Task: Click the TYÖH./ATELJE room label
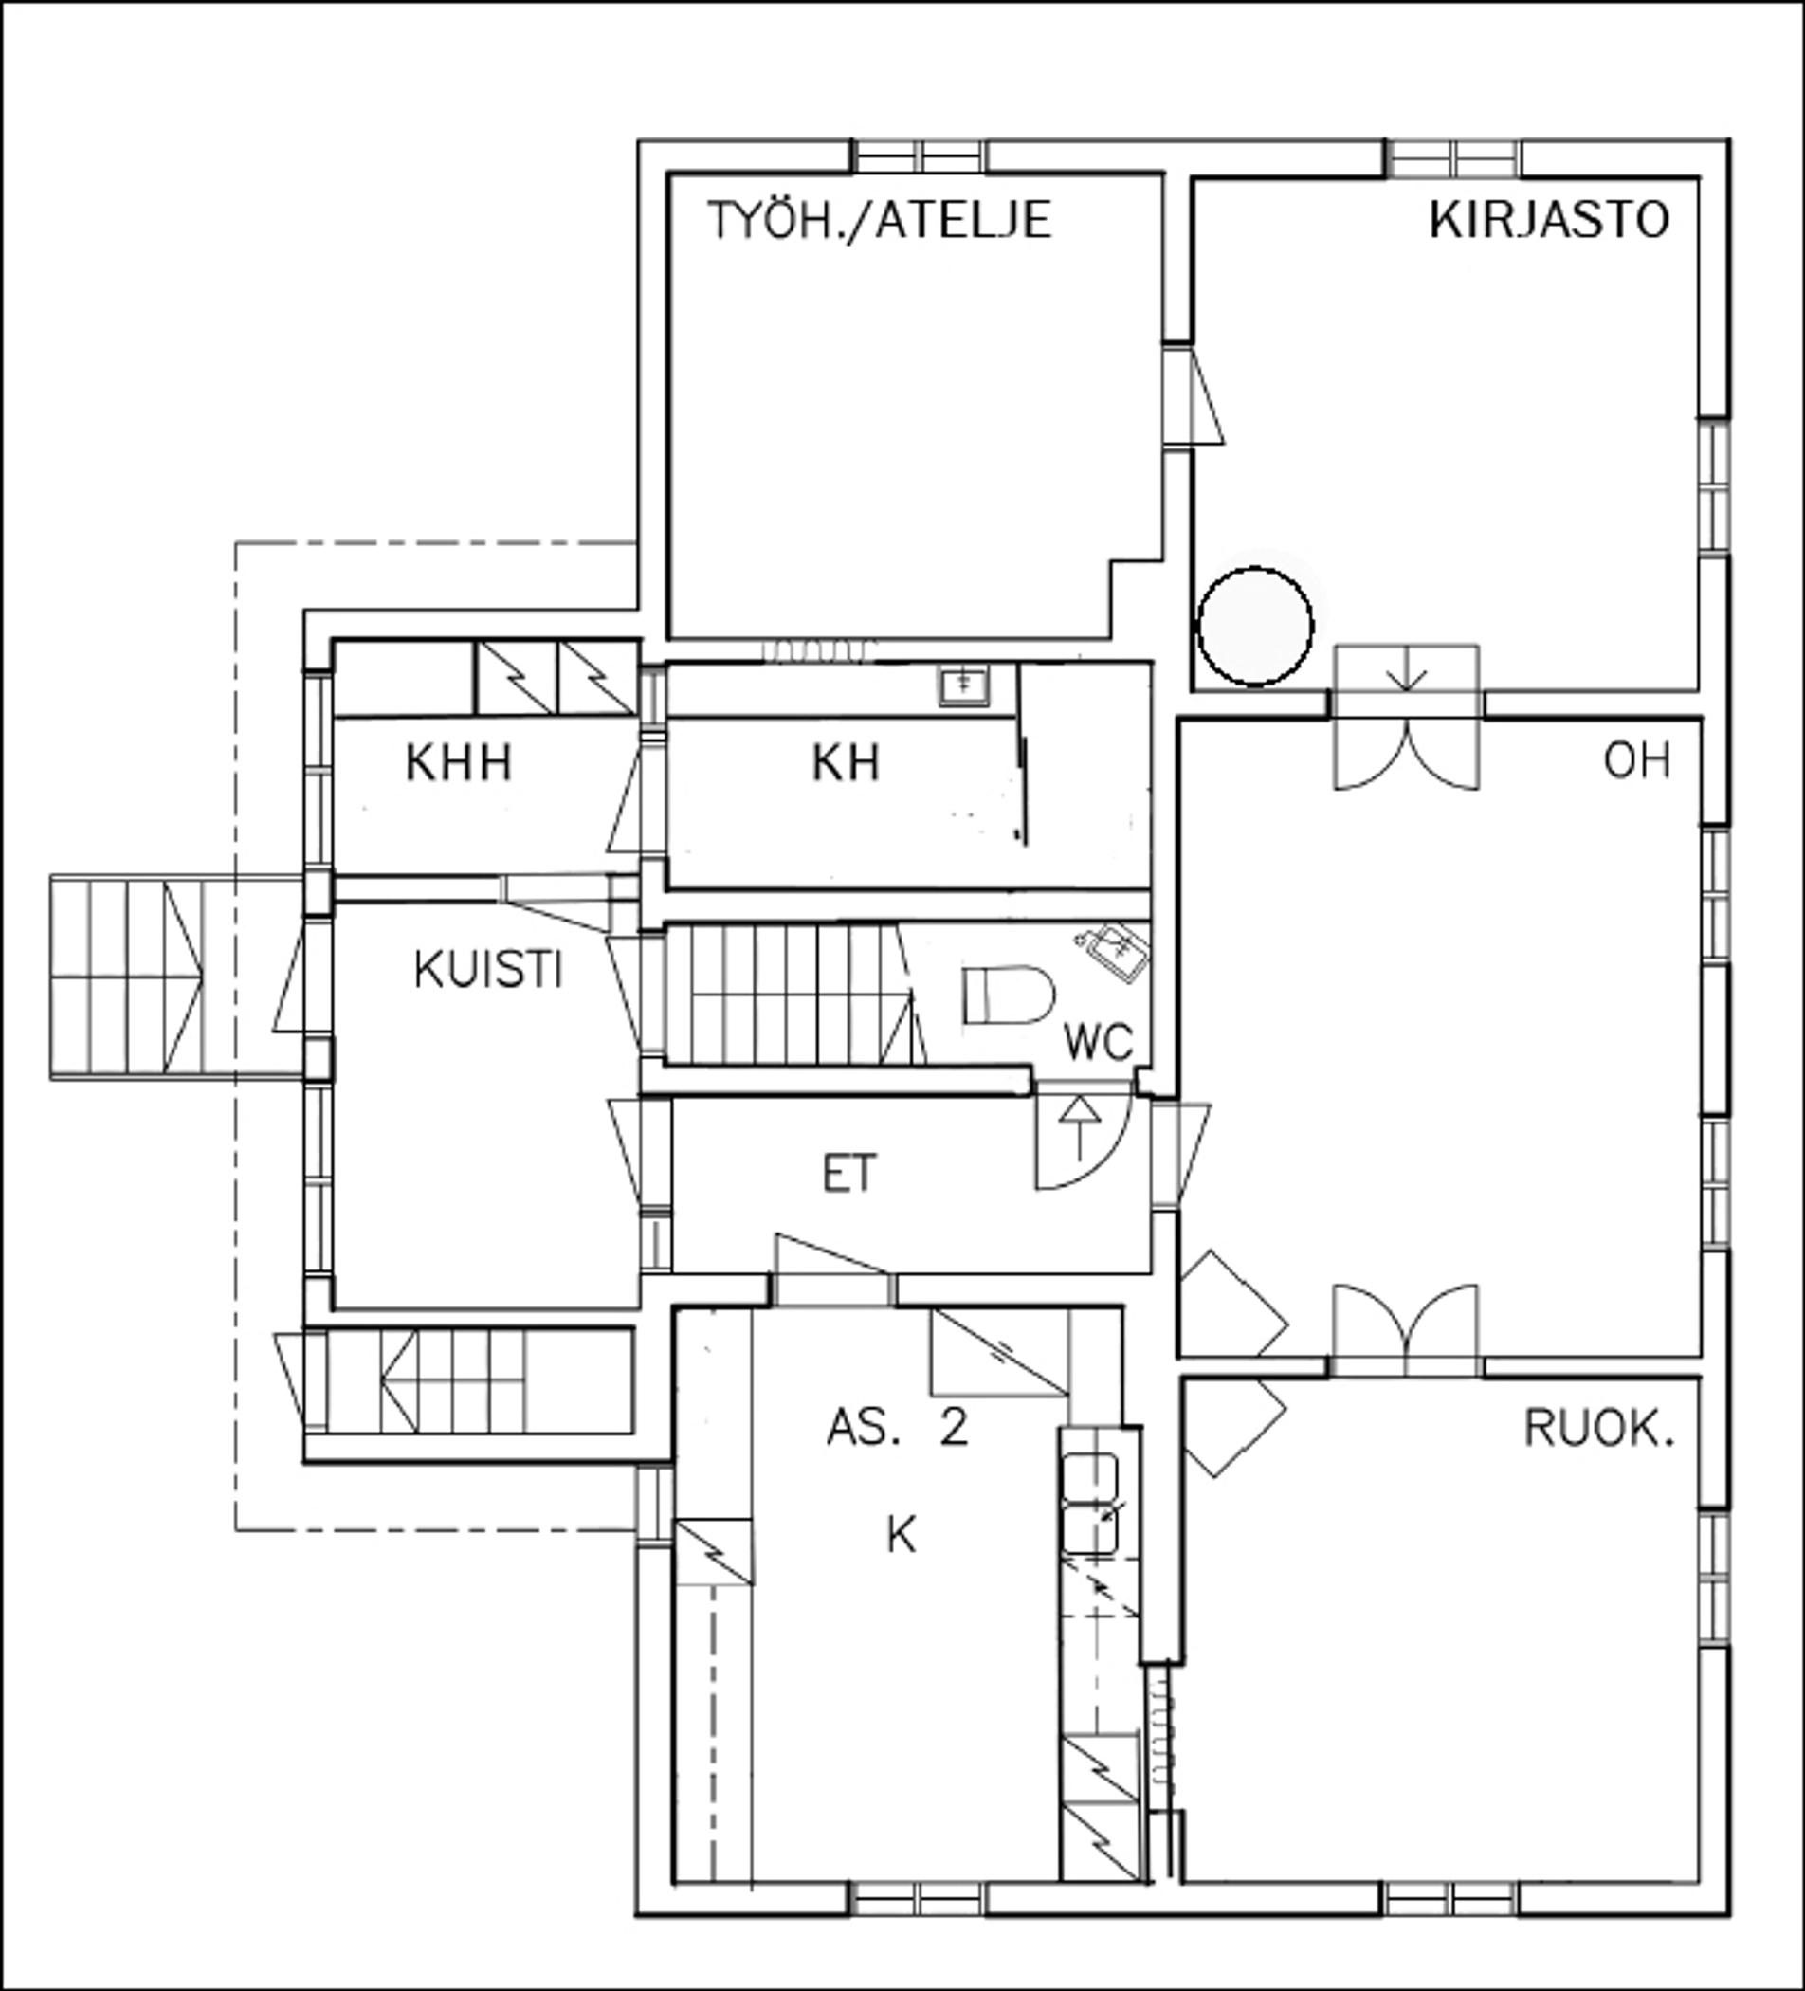(x=880, y=219)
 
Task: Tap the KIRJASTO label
(x=1549, y=219)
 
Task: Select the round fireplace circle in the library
(x=1255, y=626)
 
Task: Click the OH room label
(x=1637, y=760)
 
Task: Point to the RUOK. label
(x=1599, y=1428)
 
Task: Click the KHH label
(x=459, y=763)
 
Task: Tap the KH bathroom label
(x=847, y=763)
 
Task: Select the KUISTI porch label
(x=489, y=970)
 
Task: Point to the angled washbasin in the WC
(x=1113, y=950)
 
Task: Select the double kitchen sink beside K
(x=1090, y=1501)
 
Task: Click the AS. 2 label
(x=898, y=1428)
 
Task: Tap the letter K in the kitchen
(x=902, y=1536)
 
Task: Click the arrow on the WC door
(x=1083, y=1128)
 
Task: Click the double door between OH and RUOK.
(x=1406, y=1331)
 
